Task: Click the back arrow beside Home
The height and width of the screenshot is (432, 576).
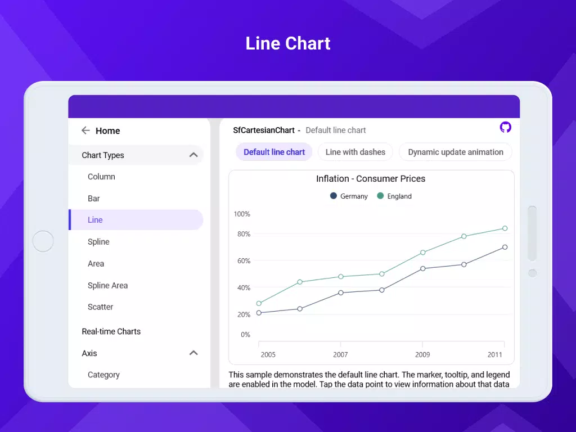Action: click(85, 130)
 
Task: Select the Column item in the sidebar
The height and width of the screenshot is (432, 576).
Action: click(101, 177)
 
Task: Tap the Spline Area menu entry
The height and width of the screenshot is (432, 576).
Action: click(107, 285)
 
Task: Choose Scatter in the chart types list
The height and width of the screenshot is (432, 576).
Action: click(100, 307)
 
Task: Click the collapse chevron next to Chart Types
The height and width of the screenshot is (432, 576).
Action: click(193, 155)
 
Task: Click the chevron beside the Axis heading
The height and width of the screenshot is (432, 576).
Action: click(193, 353)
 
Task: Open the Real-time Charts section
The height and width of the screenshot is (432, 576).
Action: click(111, 331)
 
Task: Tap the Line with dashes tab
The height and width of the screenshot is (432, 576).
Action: click(355, 152)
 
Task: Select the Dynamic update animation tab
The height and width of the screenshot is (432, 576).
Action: click(456, 152)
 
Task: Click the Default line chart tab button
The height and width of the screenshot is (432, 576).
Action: click(274, 152)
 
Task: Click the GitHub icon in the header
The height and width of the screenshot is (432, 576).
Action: click(506, 127)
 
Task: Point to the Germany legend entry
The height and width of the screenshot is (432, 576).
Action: click(349, 196)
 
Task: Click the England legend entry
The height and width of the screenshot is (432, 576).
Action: click(394, 196)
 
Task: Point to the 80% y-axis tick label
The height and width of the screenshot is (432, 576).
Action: click(244, 234)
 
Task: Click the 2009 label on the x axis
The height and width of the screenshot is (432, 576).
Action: click(422, 355)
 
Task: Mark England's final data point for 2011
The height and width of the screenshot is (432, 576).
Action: click(505, 228)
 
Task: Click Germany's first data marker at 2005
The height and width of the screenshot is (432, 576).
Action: click(259, 313)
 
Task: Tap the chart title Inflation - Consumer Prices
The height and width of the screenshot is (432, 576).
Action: click(371, 179)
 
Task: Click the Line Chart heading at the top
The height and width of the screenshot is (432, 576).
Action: click(288, 43)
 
